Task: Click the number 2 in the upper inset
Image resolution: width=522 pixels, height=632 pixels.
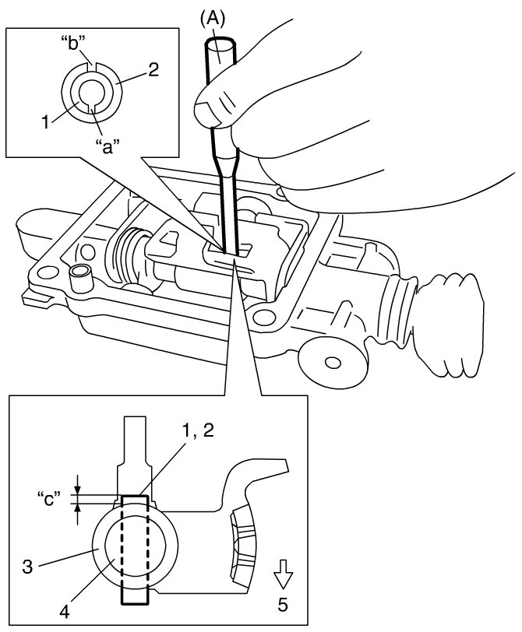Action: pyautogui.click(x=153, y=70)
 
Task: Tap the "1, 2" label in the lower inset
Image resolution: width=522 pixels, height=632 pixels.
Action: pyautogui.click(x=197, y=430)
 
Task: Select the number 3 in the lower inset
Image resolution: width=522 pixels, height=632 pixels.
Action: pyautogui.click(x=28, y=567)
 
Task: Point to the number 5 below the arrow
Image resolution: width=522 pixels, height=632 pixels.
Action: pyautogui.click(x=283, y=605)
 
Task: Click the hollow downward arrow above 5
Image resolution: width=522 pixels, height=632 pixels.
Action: pyautogui.click(x=283, y=574)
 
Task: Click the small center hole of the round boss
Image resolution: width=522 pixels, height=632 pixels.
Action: pyautogui.click(x=333, y=362)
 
